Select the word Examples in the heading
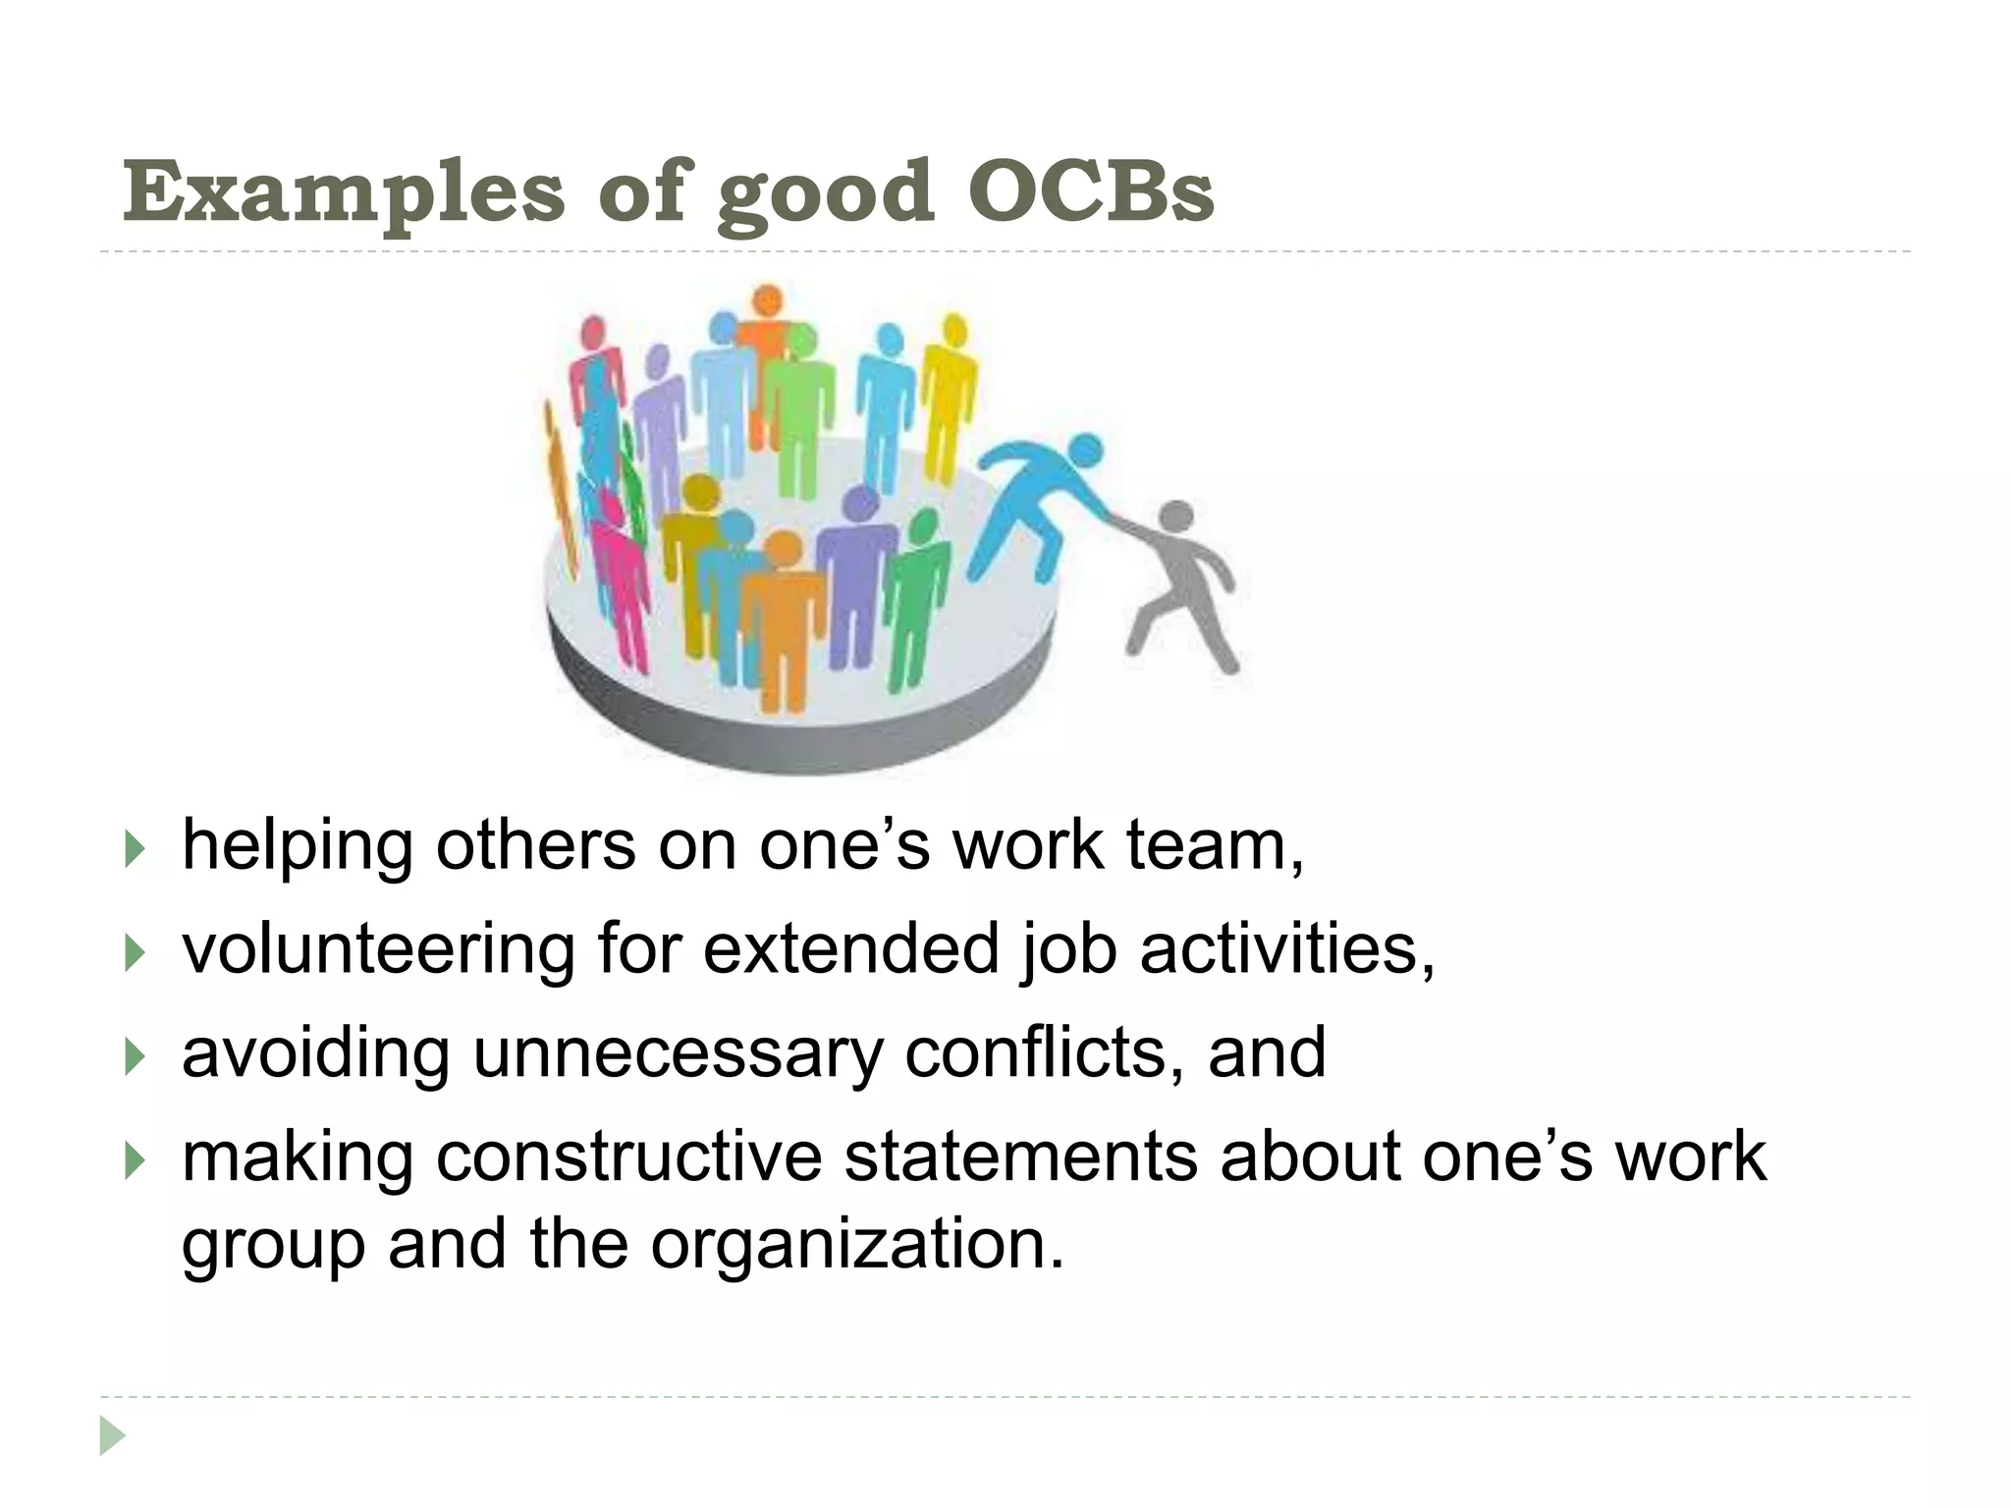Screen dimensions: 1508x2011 point(344,191)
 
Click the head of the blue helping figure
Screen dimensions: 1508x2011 point(1084,454)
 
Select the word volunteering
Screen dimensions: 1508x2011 point(377,949)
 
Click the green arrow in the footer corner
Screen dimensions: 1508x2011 point(112,1435)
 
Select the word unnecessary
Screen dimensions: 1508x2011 point(678,1052)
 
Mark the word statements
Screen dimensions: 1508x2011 point(1021,1157)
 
